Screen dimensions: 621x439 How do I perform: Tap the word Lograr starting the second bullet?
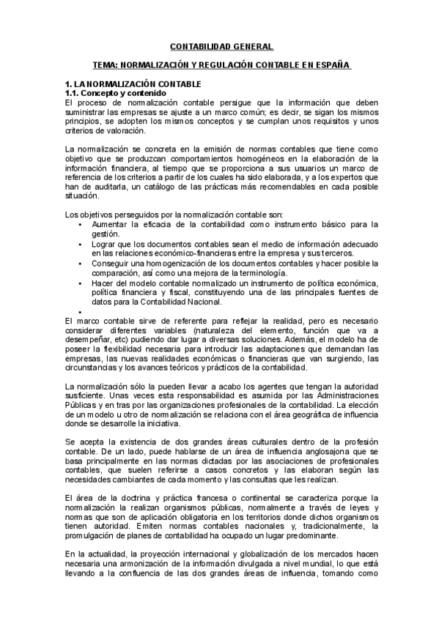(x=105, y=243)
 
